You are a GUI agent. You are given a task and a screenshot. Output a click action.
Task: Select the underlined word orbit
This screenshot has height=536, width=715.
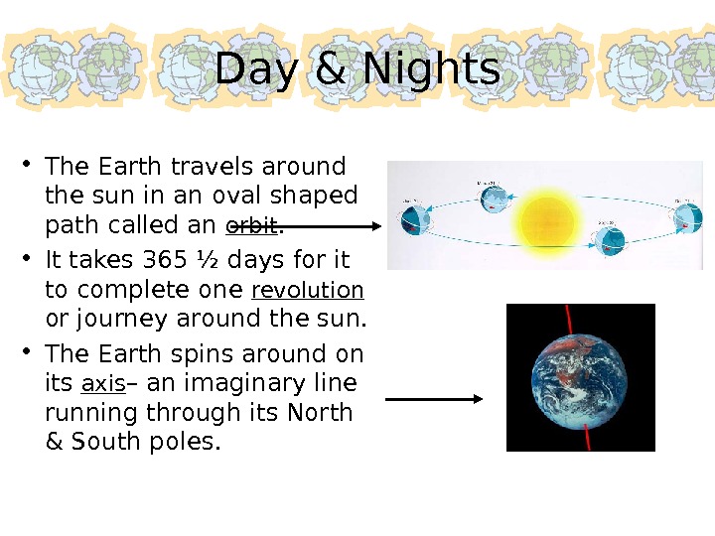[253, 225]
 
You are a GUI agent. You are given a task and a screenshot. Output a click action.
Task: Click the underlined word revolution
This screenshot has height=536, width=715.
[308, 291]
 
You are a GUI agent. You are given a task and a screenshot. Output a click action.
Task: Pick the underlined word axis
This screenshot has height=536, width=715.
[102, 384]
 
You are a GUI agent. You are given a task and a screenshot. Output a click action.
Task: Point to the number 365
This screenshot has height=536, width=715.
[164, 261]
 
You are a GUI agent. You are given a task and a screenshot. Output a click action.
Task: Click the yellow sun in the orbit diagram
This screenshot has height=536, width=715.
[544, 218]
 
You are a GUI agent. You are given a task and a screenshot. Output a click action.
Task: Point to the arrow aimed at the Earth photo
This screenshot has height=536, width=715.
[433, 399]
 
